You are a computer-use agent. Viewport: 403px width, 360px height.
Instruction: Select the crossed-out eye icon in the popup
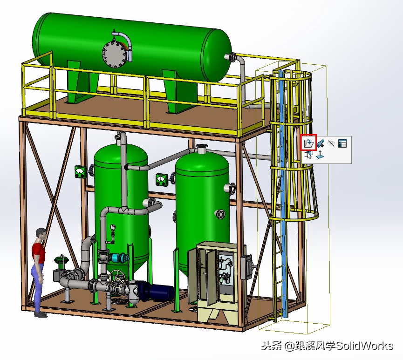331,143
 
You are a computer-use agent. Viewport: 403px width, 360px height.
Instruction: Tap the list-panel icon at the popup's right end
343,143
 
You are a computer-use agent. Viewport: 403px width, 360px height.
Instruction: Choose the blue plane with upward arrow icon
320,155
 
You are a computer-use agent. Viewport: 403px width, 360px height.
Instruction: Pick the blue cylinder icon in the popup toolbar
320,143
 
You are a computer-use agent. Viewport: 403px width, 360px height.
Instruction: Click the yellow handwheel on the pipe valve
116,280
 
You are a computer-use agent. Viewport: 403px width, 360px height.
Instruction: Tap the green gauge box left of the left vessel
81,172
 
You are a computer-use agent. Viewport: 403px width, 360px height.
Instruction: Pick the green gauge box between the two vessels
162,179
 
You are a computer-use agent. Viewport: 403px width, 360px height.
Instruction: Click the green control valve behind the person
59,263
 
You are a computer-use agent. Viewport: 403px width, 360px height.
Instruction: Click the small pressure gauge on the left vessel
112,228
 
